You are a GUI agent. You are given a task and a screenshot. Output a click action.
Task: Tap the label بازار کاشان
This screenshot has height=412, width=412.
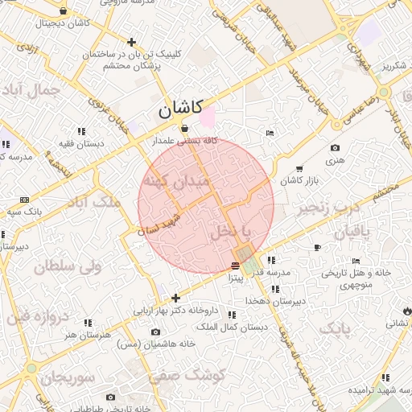coord(300,181)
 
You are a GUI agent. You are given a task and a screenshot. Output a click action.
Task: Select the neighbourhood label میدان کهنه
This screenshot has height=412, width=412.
coord(175,182)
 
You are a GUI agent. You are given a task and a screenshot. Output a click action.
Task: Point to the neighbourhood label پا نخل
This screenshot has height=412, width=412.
coord(230,231)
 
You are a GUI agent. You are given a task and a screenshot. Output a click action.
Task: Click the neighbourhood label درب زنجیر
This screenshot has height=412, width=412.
coord(328,209)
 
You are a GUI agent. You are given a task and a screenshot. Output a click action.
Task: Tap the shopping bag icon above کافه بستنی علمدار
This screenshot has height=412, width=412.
coord(185,128)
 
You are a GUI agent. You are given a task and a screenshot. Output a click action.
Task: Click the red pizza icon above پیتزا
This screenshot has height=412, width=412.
coord(235,266)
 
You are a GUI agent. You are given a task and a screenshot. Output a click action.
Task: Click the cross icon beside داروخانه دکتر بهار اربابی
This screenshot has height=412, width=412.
coord(176,298)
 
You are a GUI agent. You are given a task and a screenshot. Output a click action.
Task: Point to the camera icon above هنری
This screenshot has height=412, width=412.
coord(335,147)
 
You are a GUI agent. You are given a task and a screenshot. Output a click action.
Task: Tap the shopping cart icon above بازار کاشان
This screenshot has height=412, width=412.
coord(299,169)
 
